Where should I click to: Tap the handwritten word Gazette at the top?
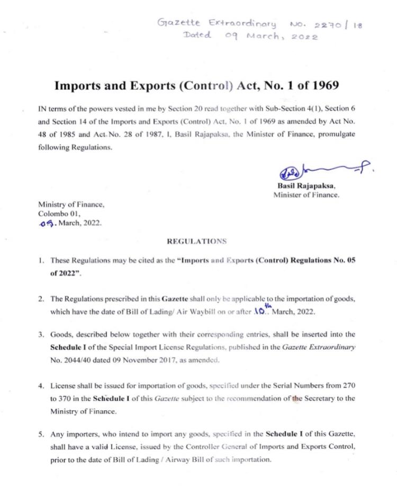tap(178, 23)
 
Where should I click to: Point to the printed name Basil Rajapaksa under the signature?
tap(306, 186)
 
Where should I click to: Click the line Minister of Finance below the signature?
tap(306, 195)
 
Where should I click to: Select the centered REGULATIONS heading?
tap(196, 241)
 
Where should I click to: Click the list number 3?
tap(40, 334)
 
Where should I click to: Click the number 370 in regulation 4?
tap(66, 398)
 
